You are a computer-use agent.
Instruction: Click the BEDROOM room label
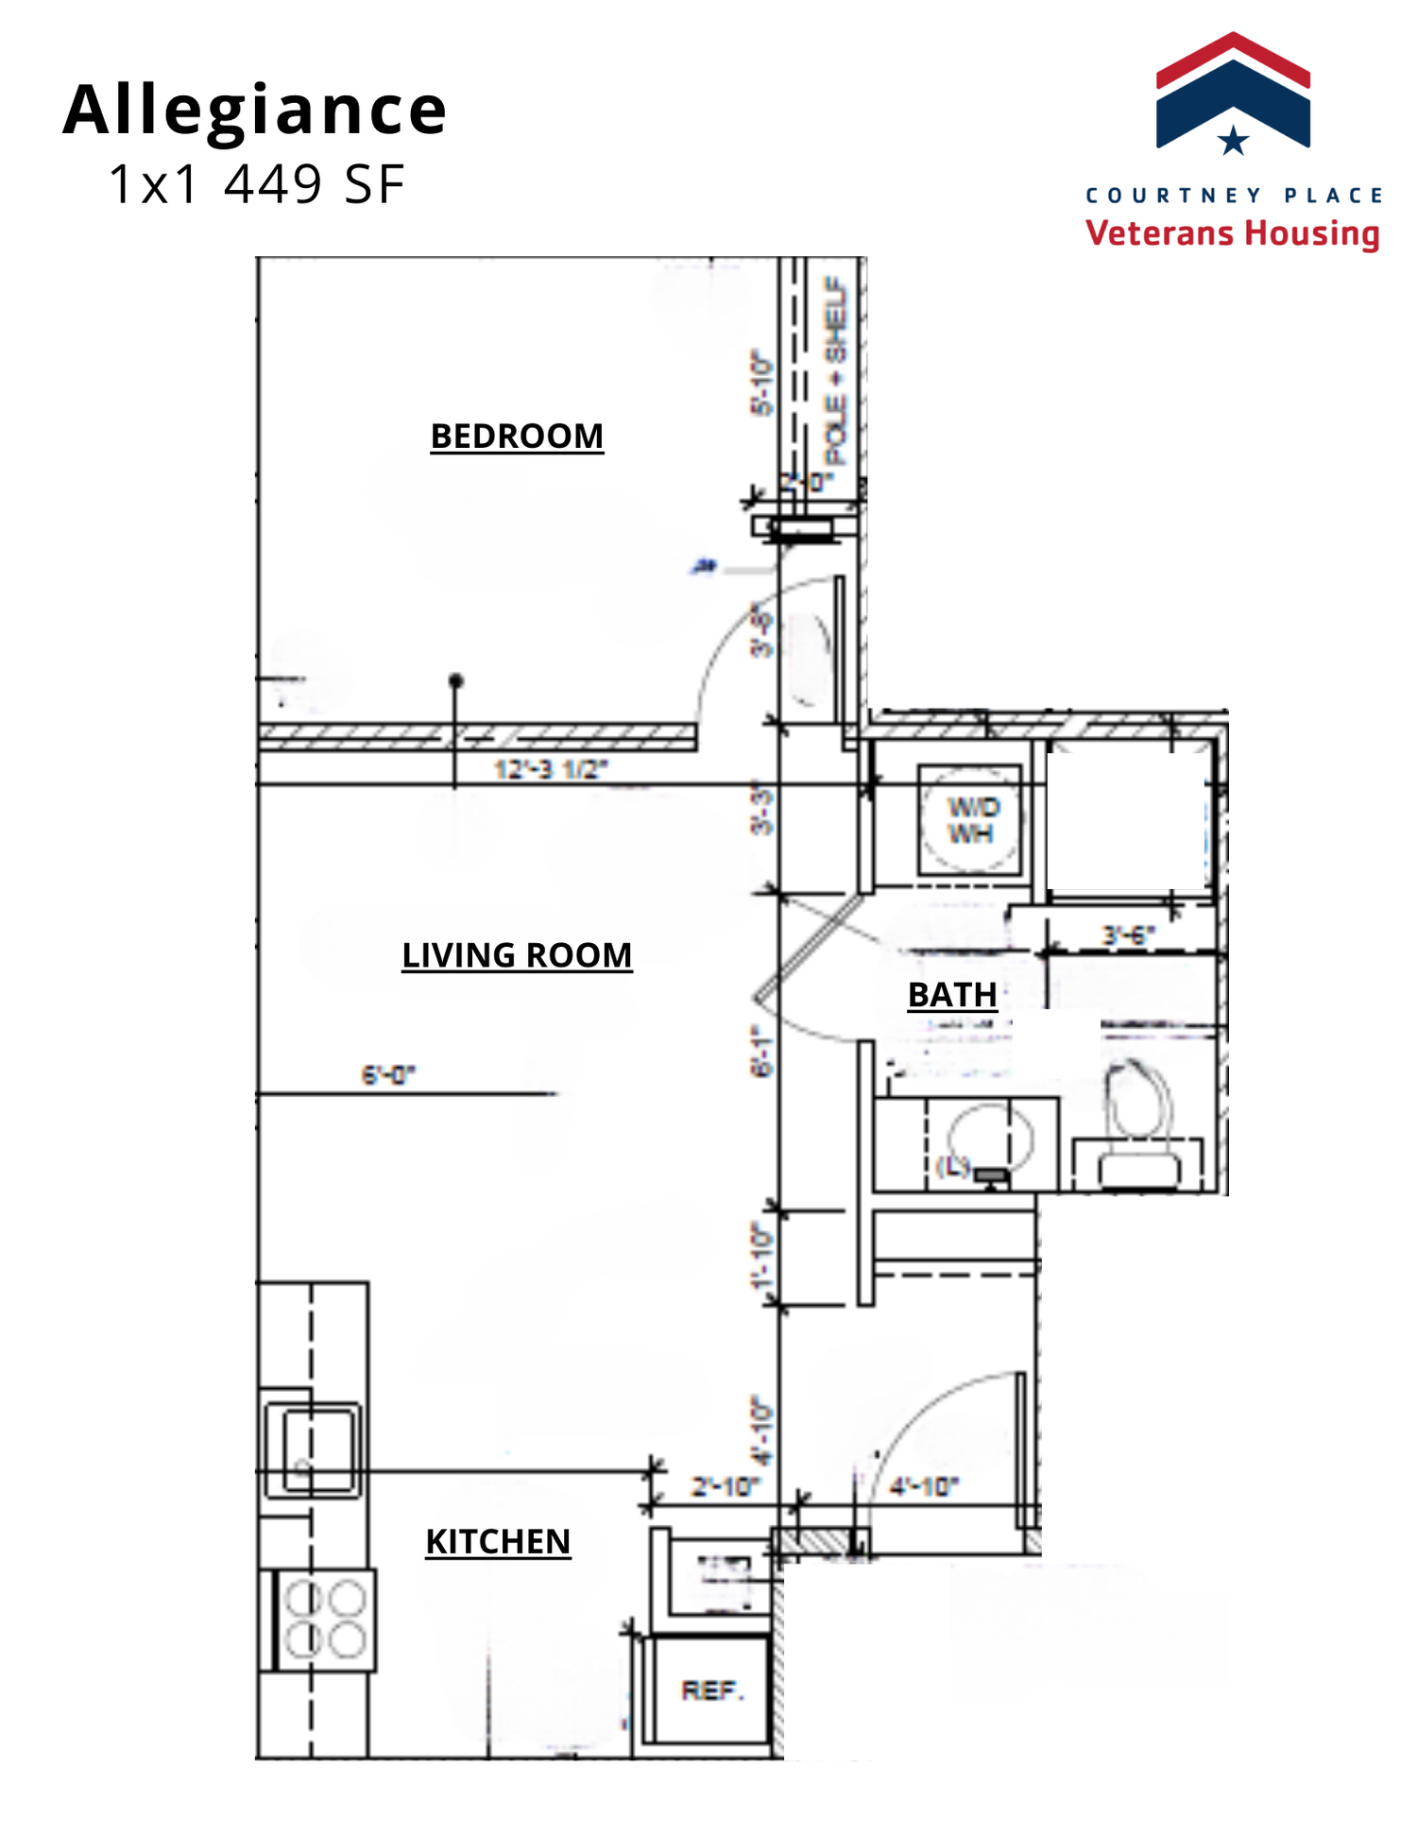(517, 436)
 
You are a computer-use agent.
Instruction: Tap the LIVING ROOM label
(517, 955)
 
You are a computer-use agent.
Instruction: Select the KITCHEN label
(498, 1541)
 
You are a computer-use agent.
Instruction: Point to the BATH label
(952, 995)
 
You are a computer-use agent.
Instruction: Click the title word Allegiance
(255, 110)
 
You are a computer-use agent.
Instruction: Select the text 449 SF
(315, 184)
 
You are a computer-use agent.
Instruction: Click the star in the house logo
(1233, 141)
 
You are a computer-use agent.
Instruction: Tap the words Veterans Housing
(1232, 232)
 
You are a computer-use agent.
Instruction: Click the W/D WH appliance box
(970, 820)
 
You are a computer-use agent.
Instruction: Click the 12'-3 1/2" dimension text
(551, 769)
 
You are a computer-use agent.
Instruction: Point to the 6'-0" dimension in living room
(388, 1074)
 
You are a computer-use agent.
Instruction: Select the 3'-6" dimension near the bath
(1128, 935)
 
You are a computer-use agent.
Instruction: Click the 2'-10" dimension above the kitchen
(725, 1486)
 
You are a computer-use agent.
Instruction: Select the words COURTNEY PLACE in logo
(1233, 196)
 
